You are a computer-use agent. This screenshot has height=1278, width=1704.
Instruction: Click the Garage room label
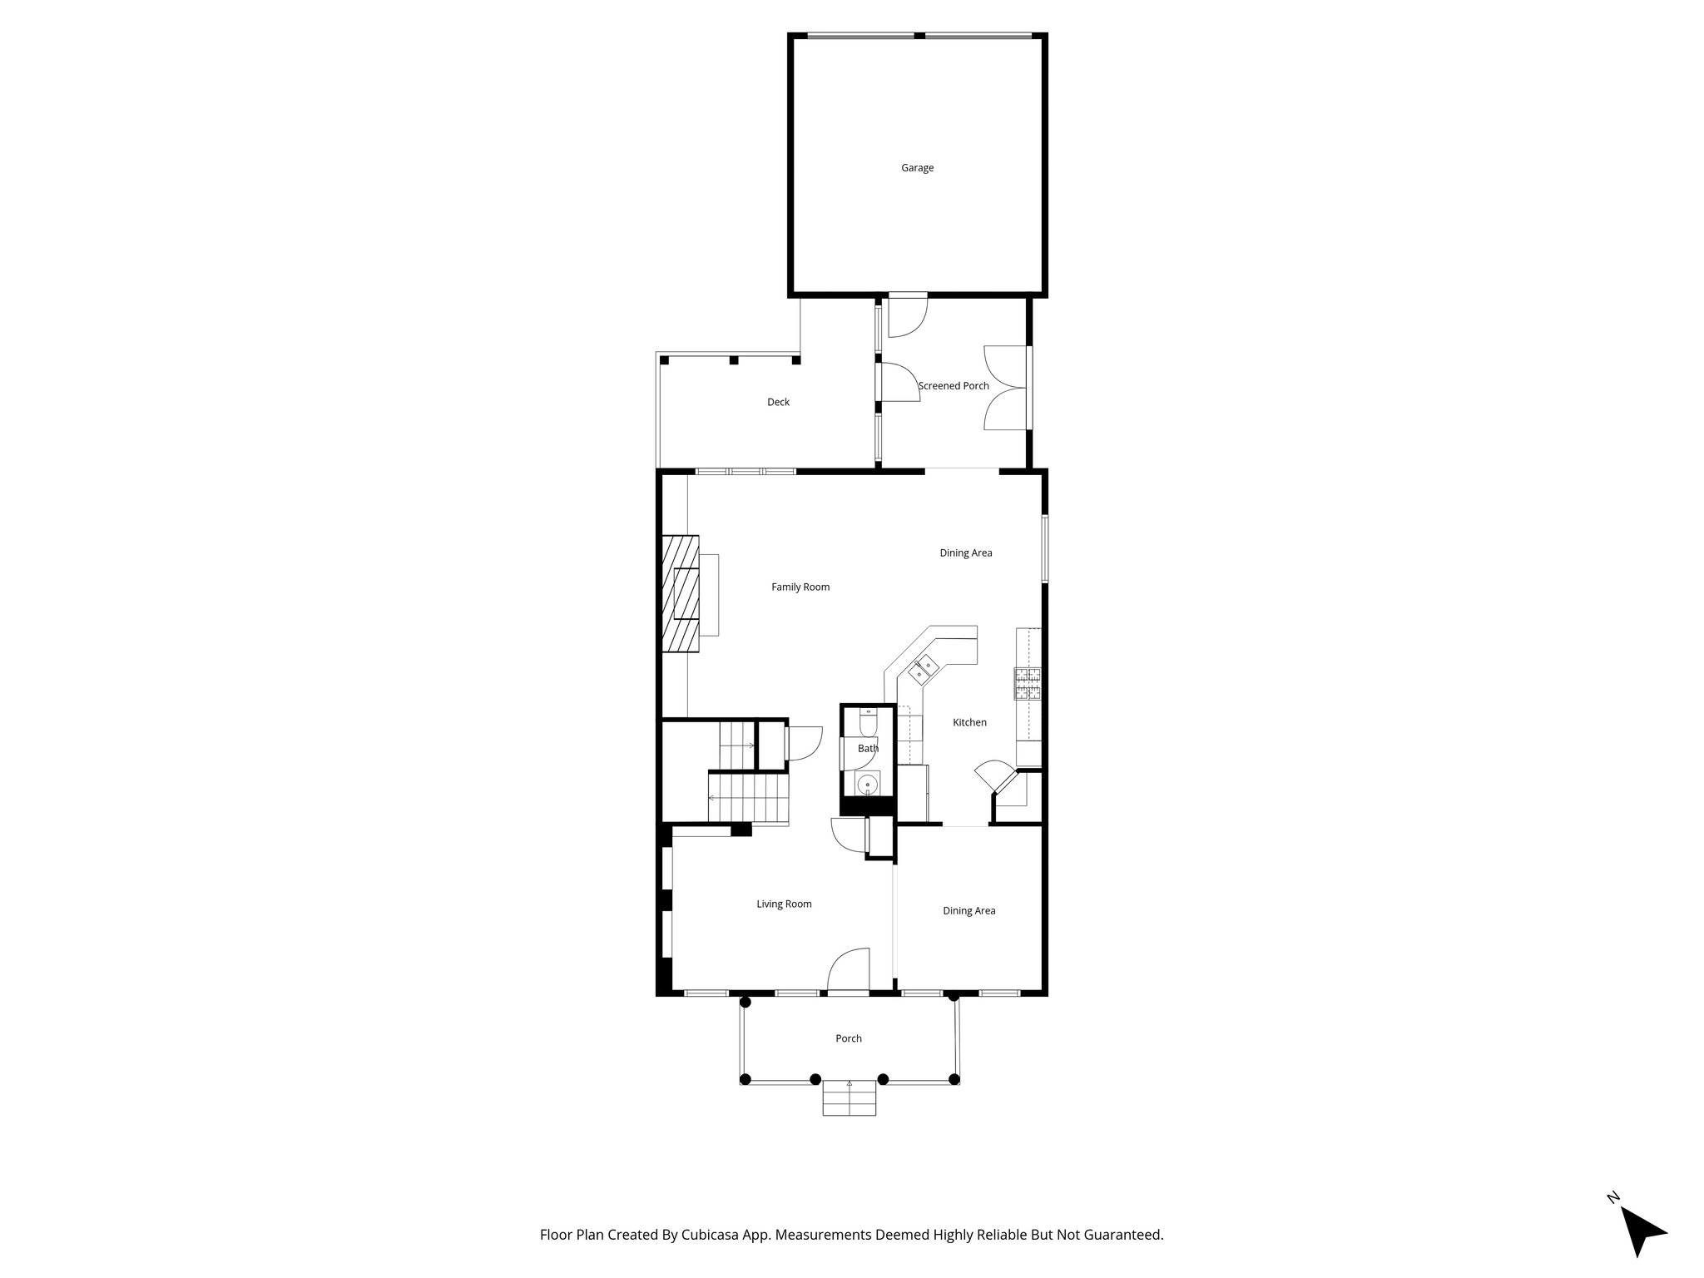[917, 168]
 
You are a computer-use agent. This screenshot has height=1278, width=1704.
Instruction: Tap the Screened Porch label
[954, 386]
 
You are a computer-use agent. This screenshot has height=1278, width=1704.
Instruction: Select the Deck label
[778, 402]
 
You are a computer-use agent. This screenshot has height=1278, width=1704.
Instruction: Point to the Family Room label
[800, 587]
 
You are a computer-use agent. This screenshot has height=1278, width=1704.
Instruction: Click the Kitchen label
[969, 722]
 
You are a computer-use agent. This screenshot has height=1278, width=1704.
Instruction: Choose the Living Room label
[784, 904]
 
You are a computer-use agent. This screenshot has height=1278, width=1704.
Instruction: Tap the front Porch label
[849, 1038]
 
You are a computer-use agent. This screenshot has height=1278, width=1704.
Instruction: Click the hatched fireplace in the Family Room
[680, 594]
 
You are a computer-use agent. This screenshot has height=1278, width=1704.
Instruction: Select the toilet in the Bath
[868, 722]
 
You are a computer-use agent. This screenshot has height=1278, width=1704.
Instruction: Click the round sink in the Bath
[868, 784]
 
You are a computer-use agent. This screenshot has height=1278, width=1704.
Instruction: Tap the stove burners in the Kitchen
[1028, 683]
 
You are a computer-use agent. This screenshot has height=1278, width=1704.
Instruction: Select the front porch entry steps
[850, 1098]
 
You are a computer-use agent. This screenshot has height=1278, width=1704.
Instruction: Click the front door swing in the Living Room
[849, 970]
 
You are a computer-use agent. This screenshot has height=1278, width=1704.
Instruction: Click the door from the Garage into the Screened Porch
[907, 316]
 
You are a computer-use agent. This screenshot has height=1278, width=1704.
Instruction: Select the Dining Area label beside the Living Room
[968, 911]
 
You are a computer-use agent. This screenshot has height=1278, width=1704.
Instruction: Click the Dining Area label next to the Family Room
[965, 553]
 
